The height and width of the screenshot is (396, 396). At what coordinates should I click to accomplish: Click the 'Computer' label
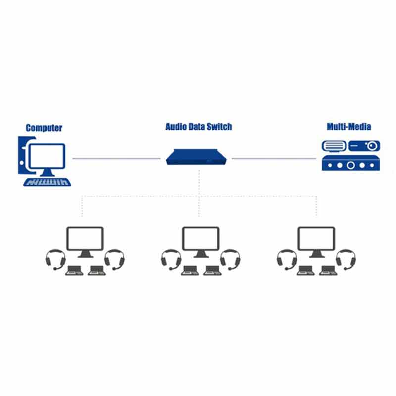pos(44,128)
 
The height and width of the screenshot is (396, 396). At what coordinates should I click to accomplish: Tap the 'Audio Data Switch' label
pos(198,127)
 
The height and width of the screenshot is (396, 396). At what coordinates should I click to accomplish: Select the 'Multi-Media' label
pos(348,126)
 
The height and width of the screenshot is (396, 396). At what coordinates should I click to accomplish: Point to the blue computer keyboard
pos(48,182)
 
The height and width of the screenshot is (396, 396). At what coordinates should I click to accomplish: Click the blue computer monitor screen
pos(47,156)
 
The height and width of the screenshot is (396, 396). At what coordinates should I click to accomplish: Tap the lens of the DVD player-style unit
pos(371,146)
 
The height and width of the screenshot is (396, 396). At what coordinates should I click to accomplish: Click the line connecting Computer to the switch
pos(116,159)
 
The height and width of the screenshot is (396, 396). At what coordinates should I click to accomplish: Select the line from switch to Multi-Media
pos(273,159)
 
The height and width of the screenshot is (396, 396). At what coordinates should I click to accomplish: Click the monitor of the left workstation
pos(85,239)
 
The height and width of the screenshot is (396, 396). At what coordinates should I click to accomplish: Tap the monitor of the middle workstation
pos(200,239)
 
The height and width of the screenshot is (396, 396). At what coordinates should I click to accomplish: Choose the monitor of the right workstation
pos(316,239)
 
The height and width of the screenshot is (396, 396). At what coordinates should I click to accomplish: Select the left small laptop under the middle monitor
pos(189,270)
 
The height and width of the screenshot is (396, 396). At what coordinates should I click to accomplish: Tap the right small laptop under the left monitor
pos(97,270)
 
